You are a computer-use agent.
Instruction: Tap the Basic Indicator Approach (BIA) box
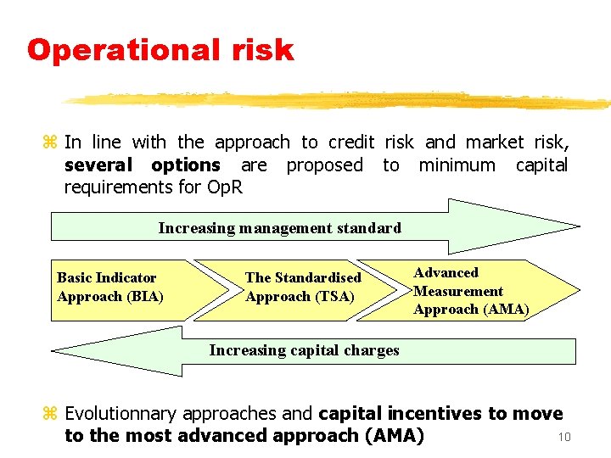pos(119,288)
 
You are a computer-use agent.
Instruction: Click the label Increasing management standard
pos(279,227)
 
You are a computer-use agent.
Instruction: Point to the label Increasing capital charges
pos(304,350)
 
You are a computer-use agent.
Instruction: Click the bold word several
pos(98,165)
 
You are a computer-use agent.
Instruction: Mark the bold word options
pos(185,165)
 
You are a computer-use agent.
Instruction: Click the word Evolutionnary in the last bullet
pos(124,414)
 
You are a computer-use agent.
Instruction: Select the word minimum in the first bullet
pos(457,165)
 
